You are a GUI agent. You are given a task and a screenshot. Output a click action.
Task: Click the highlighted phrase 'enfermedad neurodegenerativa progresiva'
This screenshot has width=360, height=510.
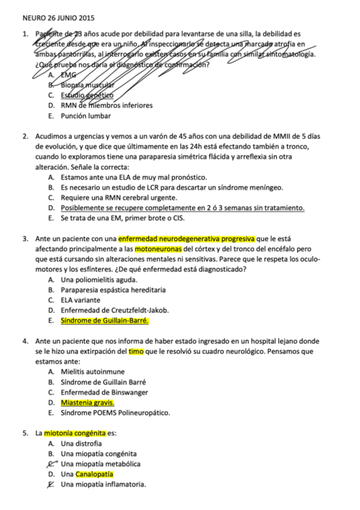187,238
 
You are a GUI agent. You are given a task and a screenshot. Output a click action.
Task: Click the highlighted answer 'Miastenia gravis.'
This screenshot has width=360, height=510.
88,402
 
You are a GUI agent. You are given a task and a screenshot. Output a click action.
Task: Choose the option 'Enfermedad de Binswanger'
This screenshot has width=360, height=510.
104,392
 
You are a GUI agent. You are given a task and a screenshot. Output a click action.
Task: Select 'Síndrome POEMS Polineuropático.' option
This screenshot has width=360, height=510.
115,413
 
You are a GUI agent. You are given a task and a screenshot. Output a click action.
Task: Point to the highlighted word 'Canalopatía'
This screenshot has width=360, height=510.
95,474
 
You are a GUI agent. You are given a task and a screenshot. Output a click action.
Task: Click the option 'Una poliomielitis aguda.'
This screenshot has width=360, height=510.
99,280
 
